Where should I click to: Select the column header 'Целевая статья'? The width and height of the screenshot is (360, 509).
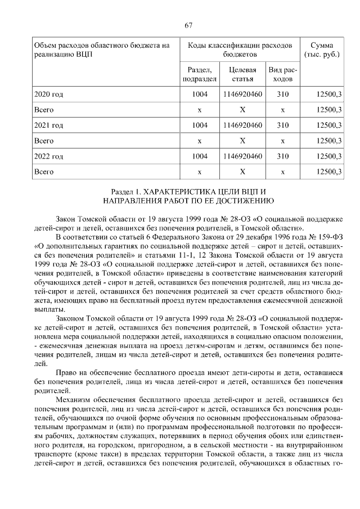(x=243, y=74)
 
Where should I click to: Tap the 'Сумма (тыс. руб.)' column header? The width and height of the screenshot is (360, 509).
(x=323, y=49)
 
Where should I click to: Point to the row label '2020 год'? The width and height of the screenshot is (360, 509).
(x=49, y=94)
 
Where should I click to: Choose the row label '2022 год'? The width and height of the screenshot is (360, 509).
(x=49, y=156)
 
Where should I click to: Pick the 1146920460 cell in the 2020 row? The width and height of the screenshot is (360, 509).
(x=243, y=94)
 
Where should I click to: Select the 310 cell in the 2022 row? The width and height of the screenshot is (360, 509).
(x=282, y=156)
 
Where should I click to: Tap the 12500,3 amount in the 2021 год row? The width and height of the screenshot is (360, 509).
(x=330, y=125)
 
